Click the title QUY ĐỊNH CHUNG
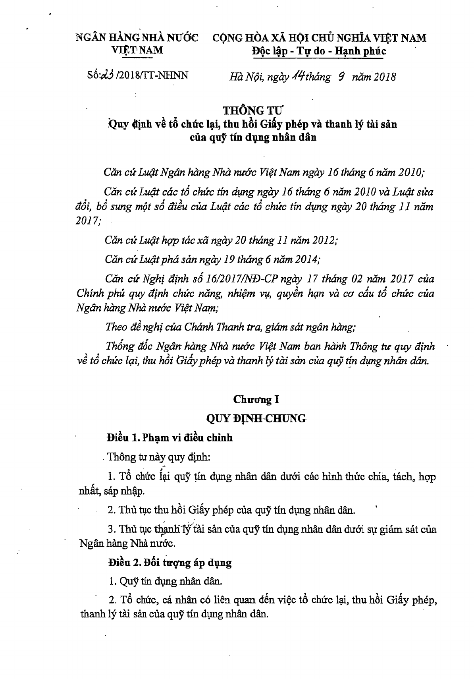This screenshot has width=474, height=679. click(x=256, y=418)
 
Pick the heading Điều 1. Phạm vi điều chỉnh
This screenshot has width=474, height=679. click(x=170, y=438)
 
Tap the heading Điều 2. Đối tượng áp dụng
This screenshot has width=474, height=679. click(x=170, y=563)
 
